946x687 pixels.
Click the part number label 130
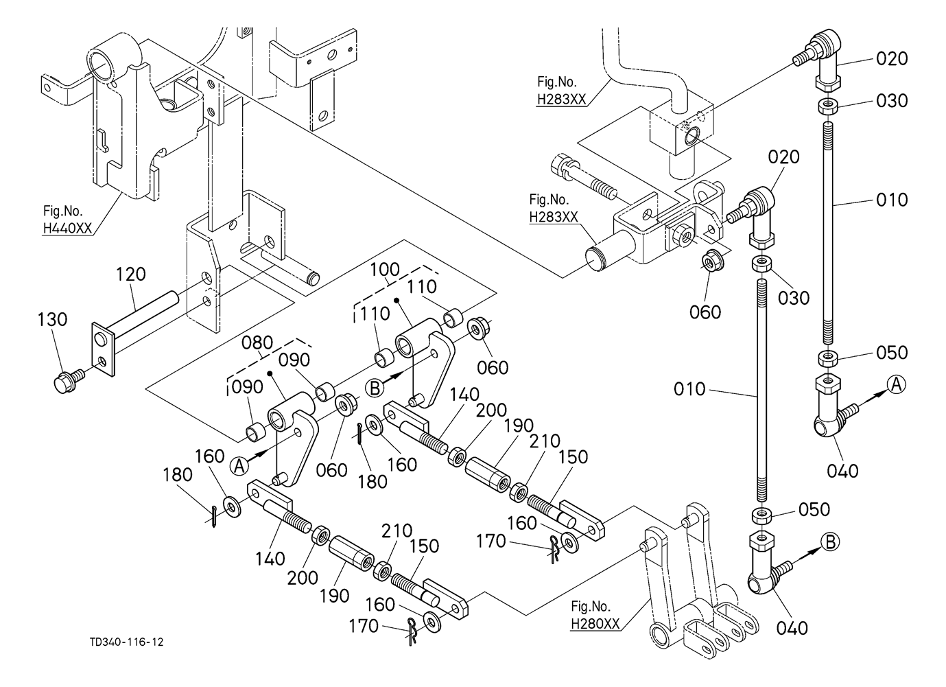click(x=53, y=320)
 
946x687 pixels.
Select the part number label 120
click(x=130, y=275)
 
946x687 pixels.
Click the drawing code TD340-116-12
click(x=126, y=642)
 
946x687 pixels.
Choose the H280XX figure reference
click(x=595, y=624)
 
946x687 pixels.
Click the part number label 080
click(x=257, y=342)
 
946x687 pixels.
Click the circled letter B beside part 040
click(x=829, y=542)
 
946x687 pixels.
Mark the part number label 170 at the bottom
click(x=364, y=626)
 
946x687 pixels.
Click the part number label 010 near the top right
click(x=892, y=200)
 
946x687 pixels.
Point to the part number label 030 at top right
click(x=892, y=101)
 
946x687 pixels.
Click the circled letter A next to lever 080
click(x=239, y=466)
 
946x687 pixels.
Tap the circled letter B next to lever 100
click(x=375, y=388)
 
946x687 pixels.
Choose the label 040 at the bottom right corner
click(x=792, y=628)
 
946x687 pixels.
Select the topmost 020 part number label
click(x=892, y=59)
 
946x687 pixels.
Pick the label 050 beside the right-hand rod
click(x=892, y=353)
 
